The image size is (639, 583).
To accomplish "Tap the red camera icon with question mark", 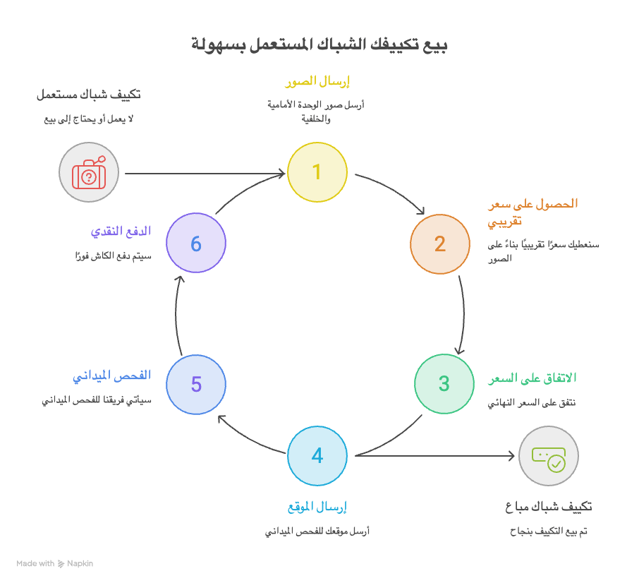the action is tap(89, 172).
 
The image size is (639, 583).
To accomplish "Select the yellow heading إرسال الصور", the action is tap(317, 82).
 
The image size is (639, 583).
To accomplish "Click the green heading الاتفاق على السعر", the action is tap(532, 378).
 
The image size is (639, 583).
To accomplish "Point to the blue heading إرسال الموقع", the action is tap(317, 507).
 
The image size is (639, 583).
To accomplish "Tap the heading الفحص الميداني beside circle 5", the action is tap(112, 375).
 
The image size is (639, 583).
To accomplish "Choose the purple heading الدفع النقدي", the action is tap(121, 232).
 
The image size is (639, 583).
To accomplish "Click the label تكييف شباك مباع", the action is tap(549, 507).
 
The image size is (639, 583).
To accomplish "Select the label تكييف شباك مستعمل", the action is tap(89, 95).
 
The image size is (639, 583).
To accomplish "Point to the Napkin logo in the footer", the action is tap(61, 564).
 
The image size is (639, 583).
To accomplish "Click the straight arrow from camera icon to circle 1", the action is tap(205, 174).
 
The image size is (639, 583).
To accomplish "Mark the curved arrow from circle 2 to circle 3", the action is tap(463, 315).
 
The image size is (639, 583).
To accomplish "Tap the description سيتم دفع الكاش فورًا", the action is tap(114, 256).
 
